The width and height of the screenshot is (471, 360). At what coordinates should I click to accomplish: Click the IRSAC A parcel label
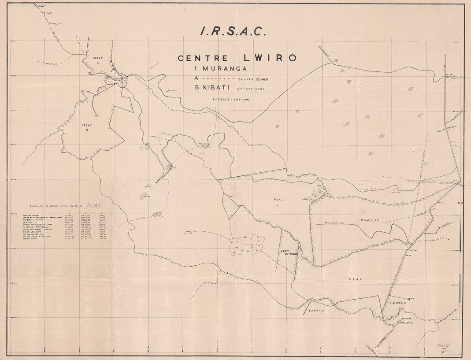click(x=98, y=60)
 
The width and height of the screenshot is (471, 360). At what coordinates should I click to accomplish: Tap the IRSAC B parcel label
click(x=87, y=127)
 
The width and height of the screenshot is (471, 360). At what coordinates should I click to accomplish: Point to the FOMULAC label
click(x=370, y=219)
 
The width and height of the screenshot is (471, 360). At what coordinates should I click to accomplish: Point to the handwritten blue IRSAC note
click(x=94, y=205)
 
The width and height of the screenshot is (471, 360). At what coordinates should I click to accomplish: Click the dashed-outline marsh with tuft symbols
click(x=246, y=245)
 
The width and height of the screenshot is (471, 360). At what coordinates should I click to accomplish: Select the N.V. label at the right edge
click(x=461, y=203)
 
